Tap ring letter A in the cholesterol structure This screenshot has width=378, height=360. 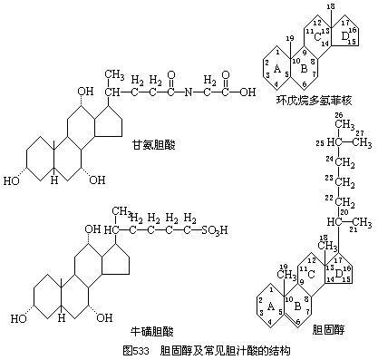pyautogui.click(x=273, y=306)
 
